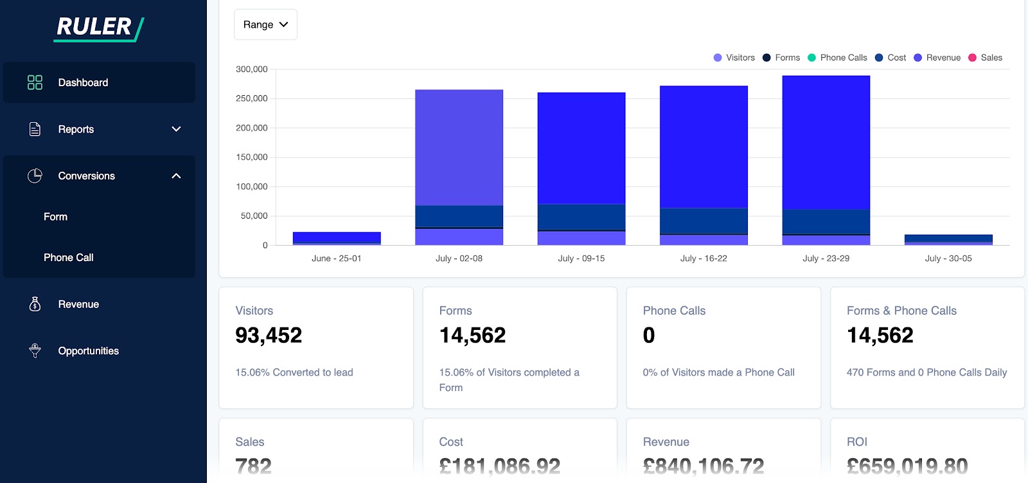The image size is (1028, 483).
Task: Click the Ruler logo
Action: [99, 28]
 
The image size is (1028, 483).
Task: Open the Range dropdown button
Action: [265, 24]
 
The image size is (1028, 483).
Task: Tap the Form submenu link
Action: [56, 217]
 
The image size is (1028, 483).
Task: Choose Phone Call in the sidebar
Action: [69, 257]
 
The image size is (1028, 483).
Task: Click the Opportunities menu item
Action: [88, 351]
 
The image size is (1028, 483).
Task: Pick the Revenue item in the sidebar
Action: [78, 304]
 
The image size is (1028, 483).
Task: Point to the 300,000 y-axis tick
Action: [251, 69]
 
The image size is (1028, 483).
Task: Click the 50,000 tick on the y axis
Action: [254, 215]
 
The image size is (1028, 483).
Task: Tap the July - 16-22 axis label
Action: [704, 259]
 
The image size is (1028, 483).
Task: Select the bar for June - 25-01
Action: [337, 239]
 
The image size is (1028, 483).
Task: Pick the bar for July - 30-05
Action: [948, 239]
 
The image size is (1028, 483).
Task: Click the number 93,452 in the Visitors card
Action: [269, 335]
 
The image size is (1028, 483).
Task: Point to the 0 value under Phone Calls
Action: [649, 335]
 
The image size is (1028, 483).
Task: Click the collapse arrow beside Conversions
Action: [176, 176]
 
